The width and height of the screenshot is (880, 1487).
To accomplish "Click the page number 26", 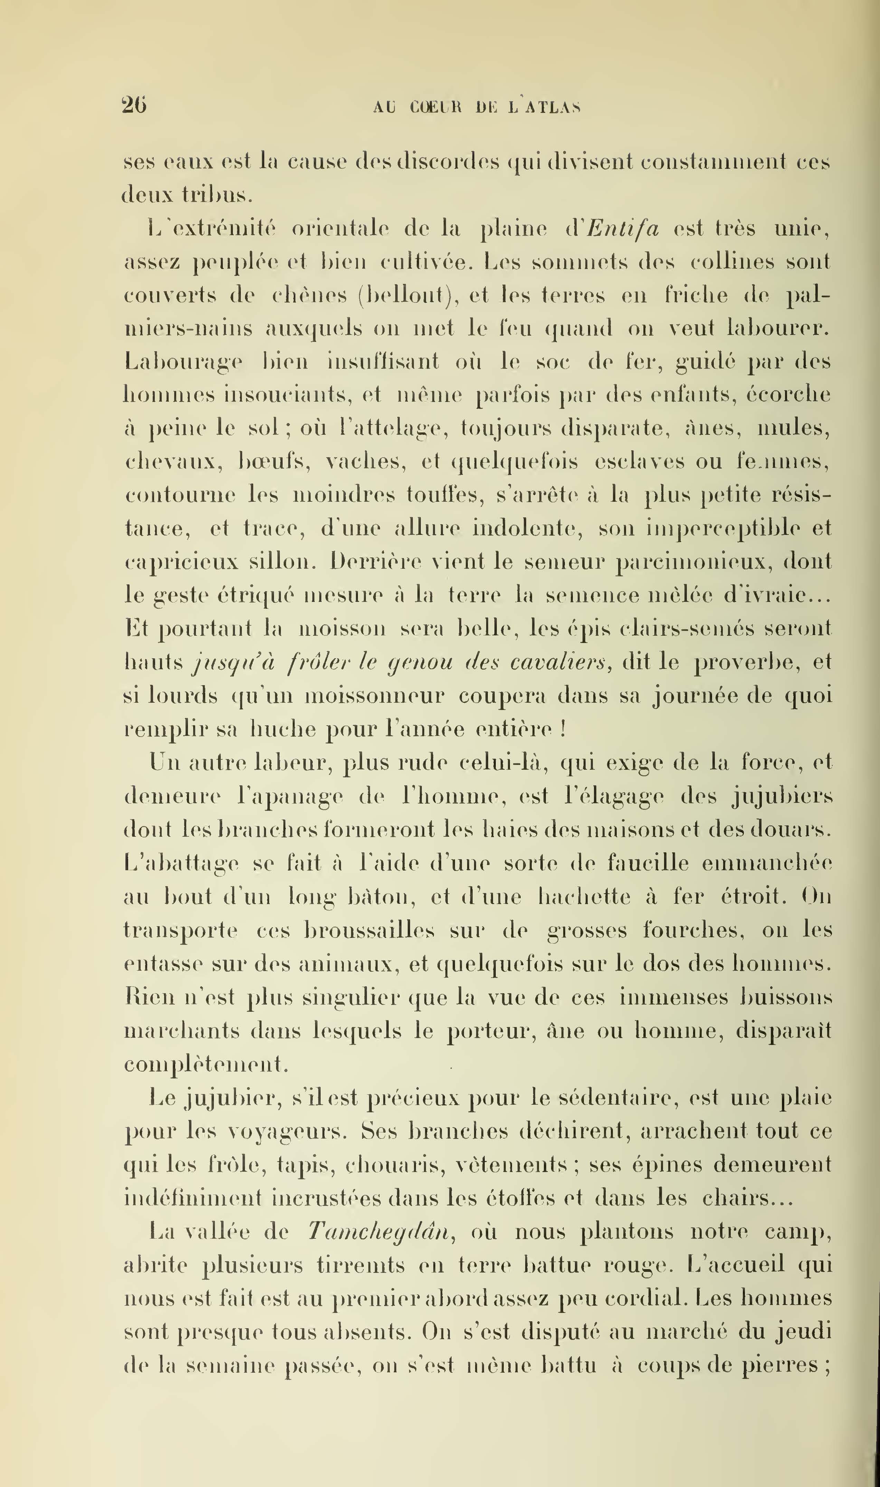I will (134, 105).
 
